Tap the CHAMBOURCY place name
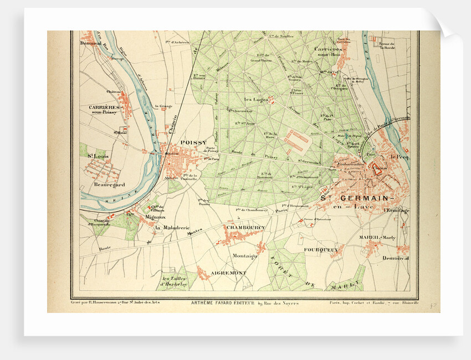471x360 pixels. click(x=245, y=228)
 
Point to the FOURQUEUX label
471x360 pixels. click(x=321, y=250)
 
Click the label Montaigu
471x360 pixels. click(x=244, y=256)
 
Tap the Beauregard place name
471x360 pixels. click(x=109, y=184)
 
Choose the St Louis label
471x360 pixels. click(x=98, y=157)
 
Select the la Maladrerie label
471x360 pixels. click(x=172, y=228)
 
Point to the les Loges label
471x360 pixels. click(x=255, y=100)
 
